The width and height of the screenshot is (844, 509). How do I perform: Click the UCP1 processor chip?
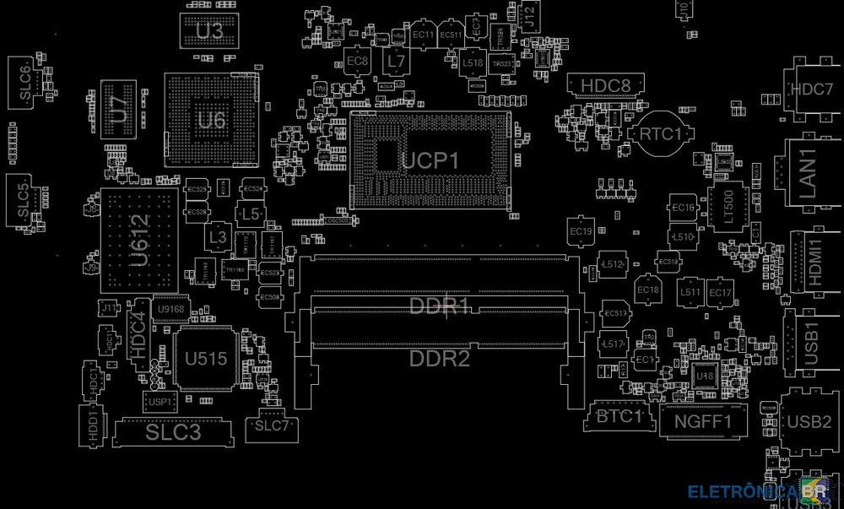430,160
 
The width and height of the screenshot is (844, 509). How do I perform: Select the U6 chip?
212,120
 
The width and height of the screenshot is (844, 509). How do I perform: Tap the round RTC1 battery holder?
661,133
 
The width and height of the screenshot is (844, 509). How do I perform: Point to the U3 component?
209,31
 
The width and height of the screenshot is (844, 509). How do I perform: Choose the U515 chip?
205,359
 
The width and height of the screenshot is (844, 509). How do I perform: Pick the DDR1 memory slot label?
439,305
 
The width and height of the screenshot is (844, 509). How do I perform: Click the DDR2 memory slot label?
439,359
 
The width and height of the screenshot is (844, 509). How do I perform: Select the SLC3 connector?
174,432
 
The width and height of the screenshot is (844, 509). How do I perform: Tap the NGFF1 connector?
703,420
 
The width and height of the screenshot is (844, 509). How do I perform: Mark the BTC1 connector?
620,415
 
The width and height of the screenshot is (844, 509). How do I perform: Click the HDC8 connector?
606,85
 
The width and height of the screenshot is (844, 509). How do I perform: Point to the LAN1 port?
808,173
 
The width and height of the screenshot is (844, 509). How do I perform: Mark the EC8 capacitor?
358,61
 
